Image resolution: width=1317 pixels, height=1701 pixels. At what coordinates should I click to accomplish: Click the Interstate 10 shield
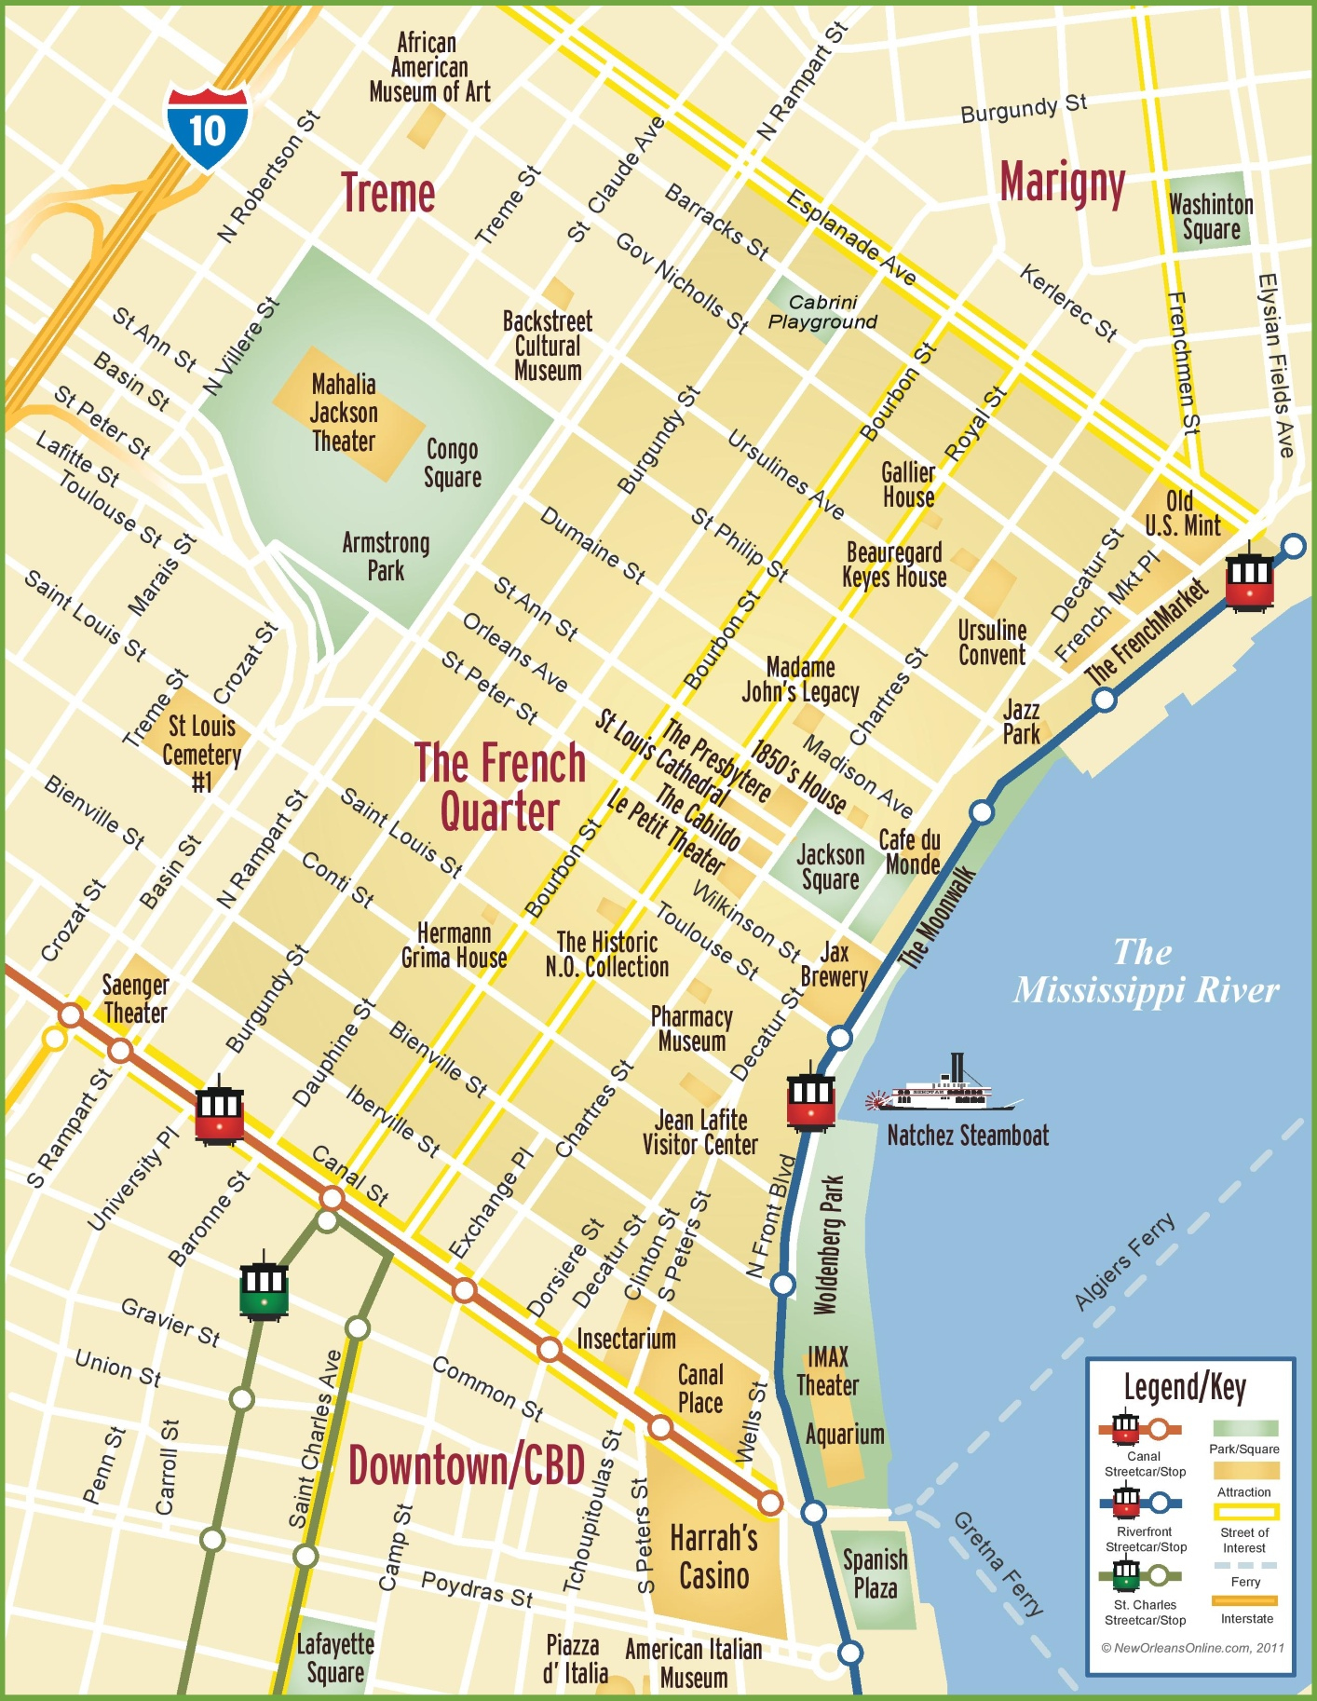(208, 128)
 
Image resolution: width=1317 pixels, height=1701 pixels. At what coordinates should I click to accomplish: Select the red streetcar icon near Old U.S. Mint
(1249, 581)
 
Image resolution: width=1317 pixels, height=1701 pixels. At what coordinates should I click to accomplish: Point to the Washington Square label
(1211, 216)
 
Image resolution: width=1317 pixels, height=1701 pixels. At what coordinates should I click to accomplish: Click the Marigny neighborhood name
(1062, 182)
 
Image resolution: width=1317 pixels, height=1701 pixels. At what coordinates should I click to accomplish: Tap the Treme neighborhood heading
(387, 194)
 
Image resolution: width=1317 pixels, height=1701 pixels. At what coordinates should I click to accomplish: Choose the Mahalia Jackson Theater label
(344, 413)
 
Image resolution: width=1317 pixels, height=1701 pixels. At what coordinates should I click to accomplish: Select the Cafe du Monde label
(910, 852)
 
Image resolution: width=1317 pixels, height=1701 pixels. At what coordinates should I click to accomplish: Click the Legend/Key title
(1185, 1388)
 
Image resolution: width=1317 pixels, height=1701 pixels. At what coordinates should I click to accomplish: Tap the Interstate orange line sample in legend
(1244, 1600)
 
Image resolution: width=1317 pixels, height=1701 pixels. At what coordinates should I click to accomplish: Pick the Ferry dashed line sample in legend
(1244, 1565)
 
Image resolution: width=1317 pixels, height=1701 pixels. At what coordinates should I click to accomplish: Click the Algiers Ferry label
(1124, 1262)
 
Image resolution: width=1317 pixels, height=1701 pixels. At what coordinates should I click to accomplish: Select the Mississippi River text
(1146, 973)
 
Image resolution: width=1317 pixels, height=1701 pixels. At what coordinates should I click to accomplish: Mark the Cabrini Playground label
(822, 312)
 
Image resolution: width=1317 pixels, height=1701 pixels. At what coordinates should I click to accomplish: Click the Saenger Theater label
(135, 999)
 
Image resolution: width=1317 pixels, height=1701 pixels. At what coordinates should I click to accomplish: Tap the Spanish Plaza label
(875, 1573)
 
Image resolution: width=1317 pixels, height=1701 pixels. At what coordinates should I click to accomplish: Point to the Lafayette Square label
(335, 1658)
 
